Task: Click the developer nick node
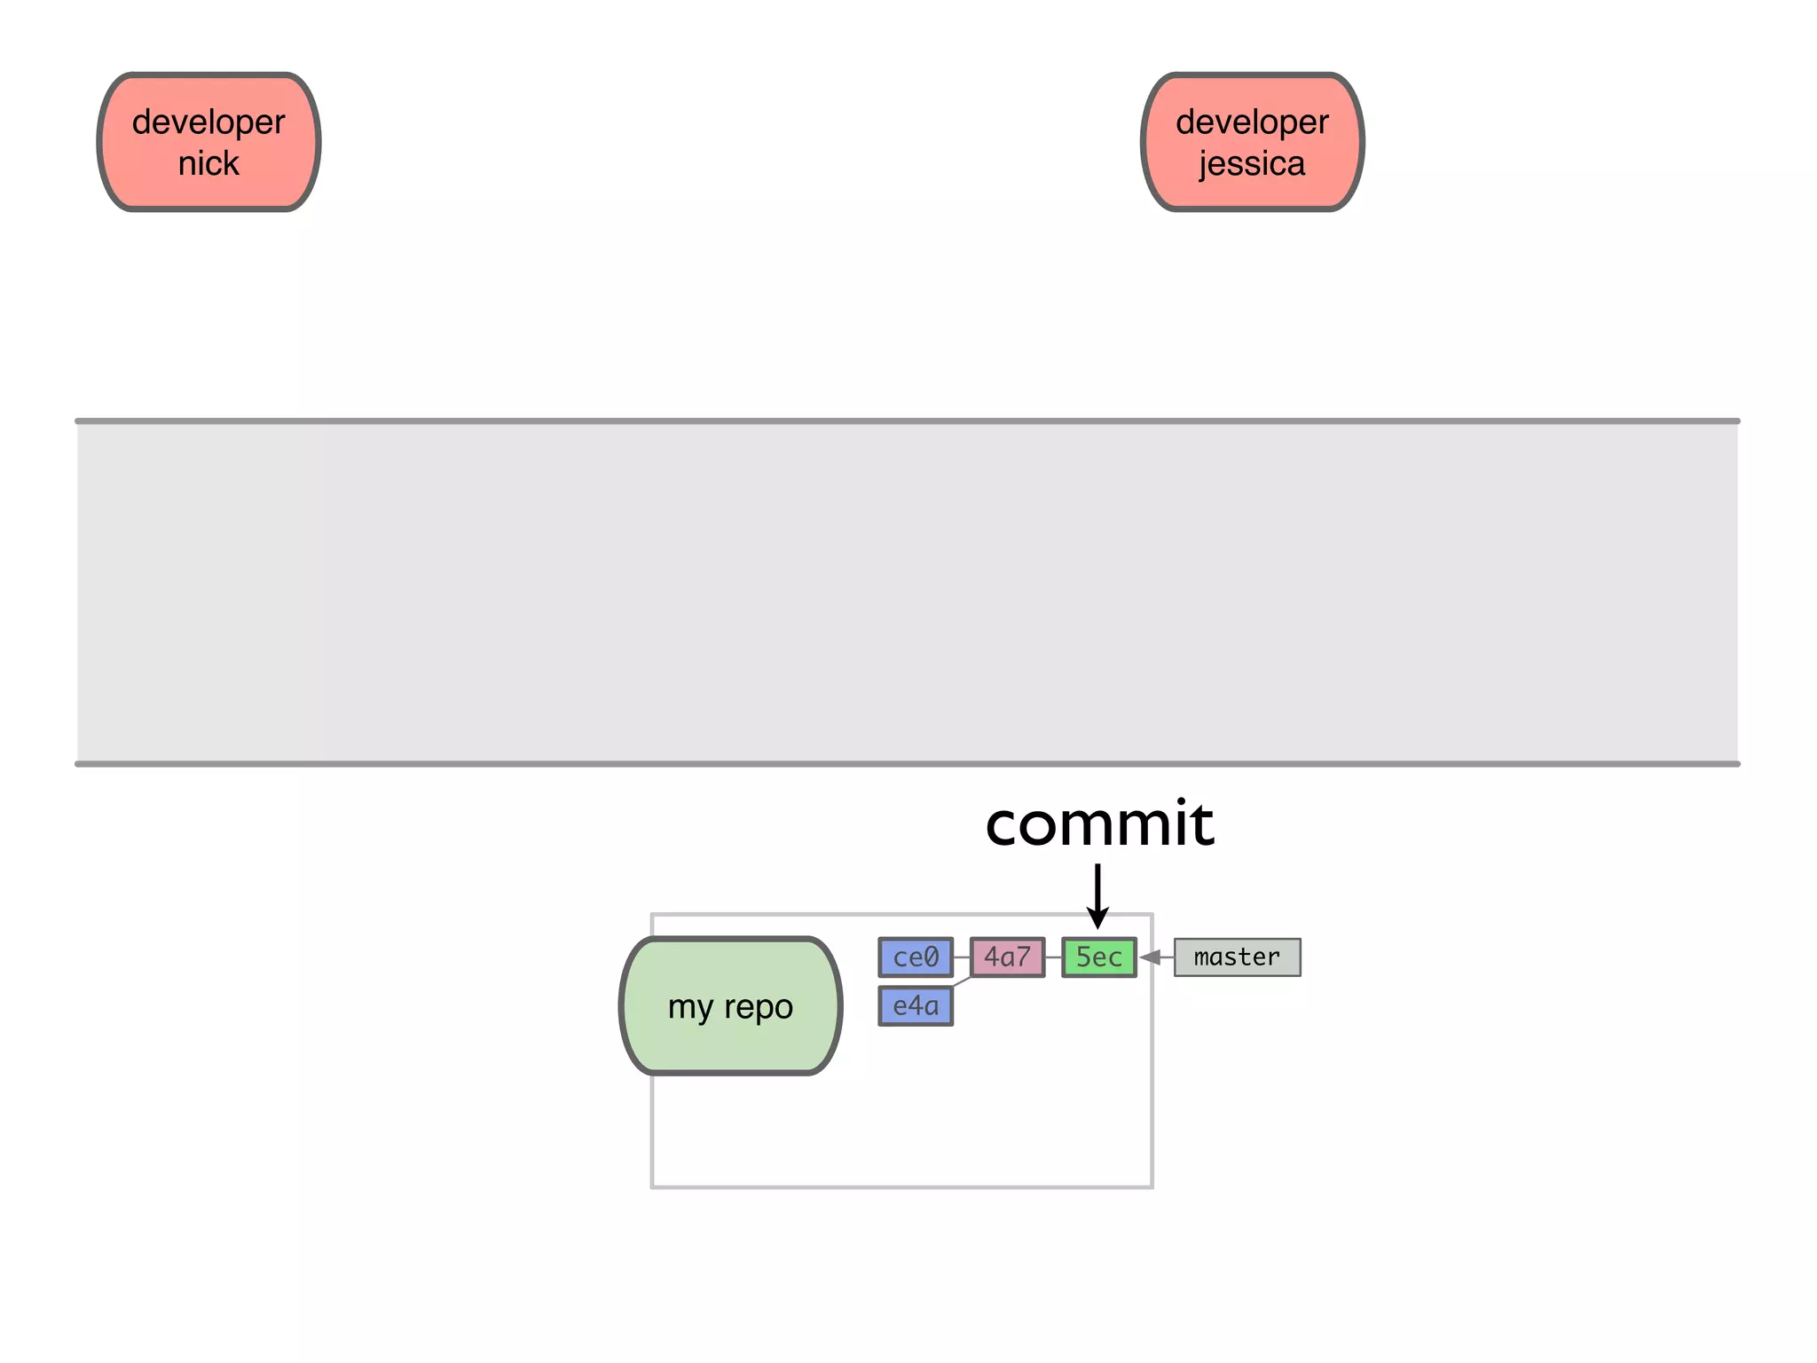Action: tap(208, 142)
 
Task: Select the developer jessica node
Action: tap(1252, 142)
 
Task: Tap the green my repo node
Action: tap(730, 1005)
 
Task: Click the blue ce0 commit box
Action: tap(916, 957)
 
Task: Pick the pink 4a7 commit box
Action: tap(1007, 957)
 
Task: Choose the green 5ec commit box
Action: tap(1099, 957)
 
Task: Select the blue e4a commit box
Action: tap(916, 1006)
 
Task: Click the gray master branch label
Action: tap(1237, 957)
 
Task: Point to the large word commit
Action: tap(1098, 823)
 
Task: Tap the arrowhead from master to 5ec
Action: tap(1151, 957)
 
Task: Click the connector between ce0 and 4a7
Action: tap(962, 957)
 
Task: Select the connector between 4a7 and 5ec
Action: tap(1053, 957)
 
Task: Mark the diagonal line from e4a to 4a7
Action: tap(962, 981)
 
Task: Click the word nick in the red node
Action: tap(208, 163)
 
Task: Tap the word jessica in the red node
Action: tap(1252, 164)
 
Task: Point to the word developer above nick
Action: tap(208, 122)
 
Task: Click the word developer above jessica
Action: tap(1252, 122)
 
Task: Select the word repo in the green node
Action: tap(759, 1007)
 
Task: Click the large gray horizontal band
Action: tap(907, 592)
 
